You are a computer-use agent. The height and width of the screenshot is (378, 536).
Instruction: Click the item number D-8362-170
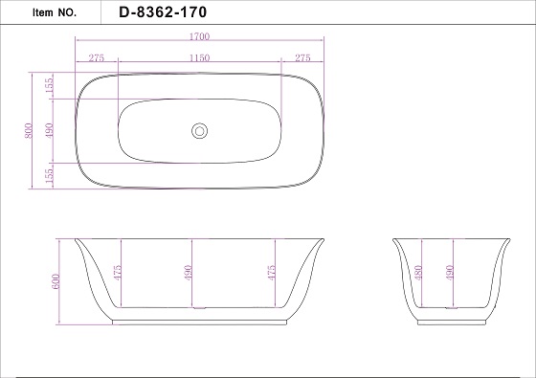pyautogui.click(x=163, y=12)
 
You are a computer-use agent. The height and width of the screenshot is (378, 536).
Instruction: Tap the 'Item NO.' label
pyautogui.click(x=55, y=12)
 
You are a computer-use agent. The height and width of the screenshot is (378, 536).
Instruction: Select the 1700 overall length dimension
pyautogui.click(x=199, y=36)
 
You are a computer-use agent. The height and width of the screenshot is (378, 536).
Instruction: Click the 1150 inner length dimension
pyautogui.click(x=200, y=57)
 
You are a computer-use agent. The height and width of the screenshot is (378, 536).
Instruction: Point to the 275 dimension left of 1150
pyautogui.click(x=97, y=57)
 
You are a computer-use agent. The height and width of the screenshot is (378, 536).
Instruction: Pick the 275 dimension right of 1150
pyautogui.click(x=302, y=57)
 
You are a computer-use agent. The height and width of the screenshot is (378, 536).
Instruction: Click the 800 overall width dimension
pyautogui.click(x=29, y=131)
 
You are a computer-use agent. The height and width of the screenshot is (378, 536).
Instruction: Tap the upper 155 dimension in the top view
pyautogui.click(x=49, y=85)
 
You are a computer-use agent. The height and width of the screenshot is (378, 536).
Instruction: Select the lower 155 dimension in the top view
pyautogui.click(x=49, y=175)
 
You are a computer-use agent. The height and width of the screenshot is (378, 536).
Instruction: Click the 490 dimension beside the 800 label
pyautogui.click(x=49, y=131)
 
